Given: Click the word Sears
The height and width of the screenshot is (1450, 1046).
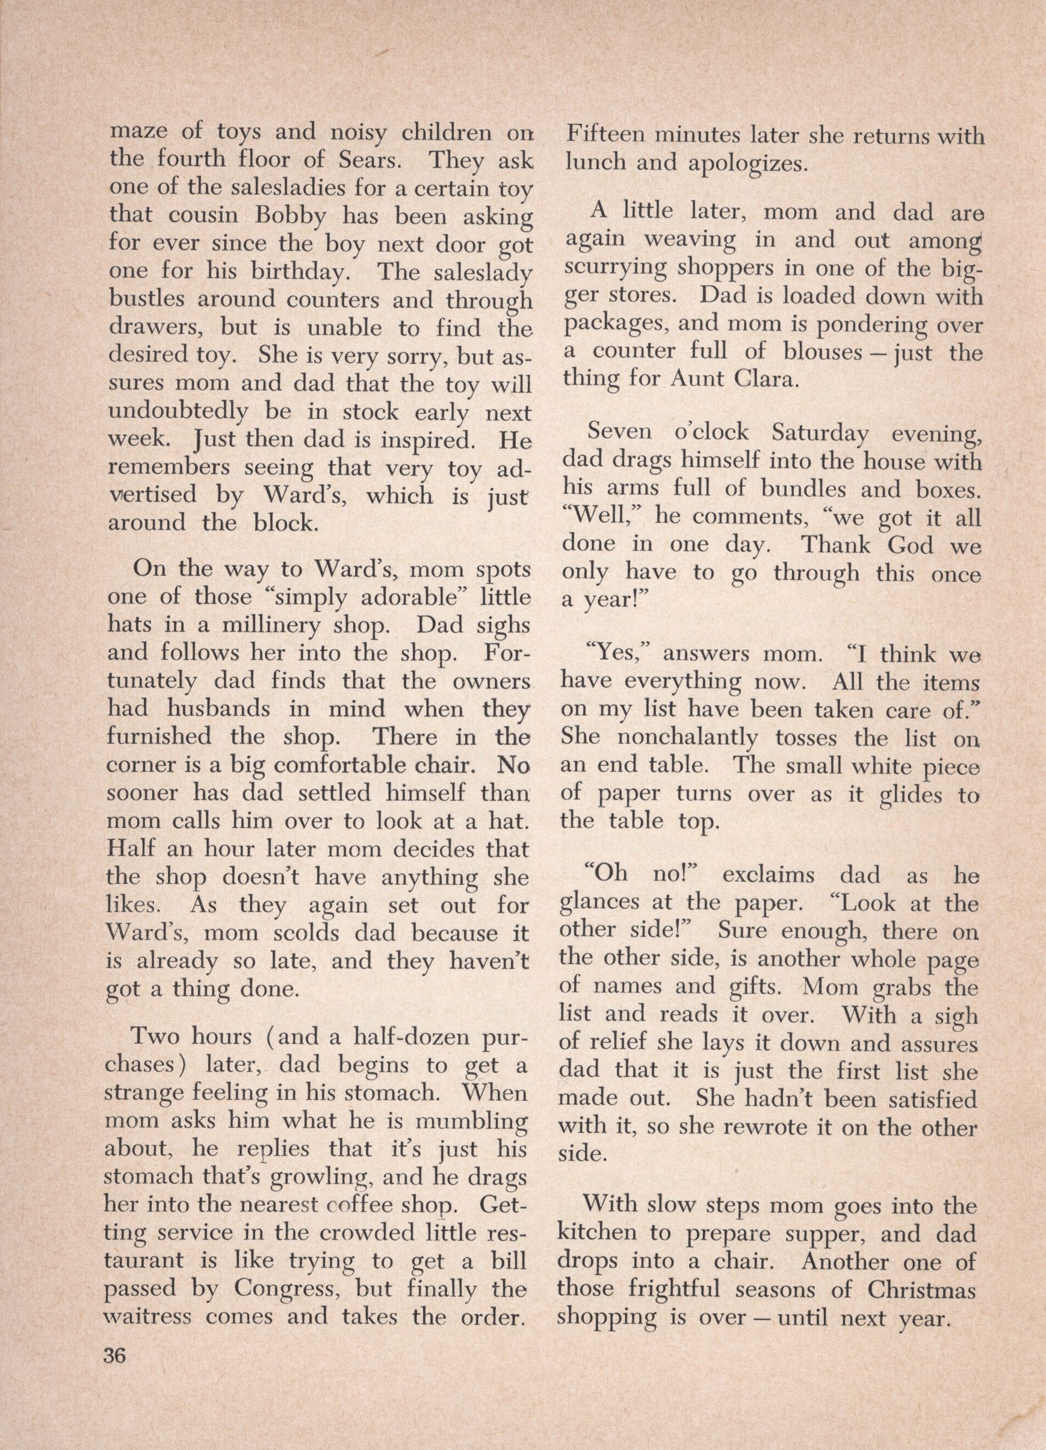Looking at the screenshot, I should (x=367, y=159).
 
